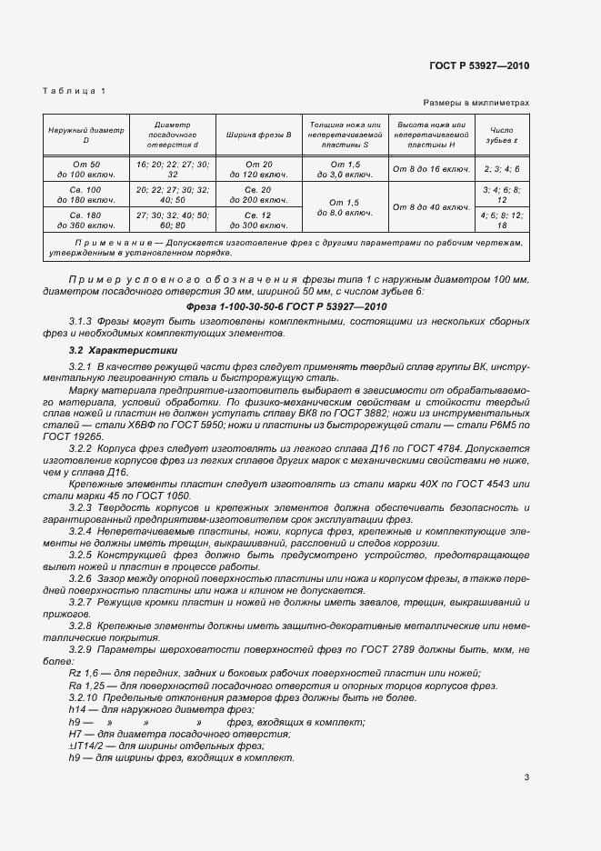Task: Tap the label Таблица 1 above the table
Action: [x=75, y=91]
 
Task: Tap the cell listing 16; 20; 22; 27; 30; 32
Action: [x=172, y=167]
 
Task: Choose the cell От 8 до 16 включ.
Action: [x=430, y=168]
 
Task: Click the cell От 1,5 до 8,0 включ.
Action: [x=345, y=206]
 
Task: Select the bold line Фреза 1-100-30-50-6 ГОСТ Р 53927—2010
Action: [x=286, y=306]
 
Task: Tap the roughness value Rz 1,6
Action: [x=83, y=672]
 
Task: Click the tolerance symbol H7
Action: [x=77, y=734]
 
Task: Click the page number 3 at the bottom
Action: [x=526, y=777]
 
